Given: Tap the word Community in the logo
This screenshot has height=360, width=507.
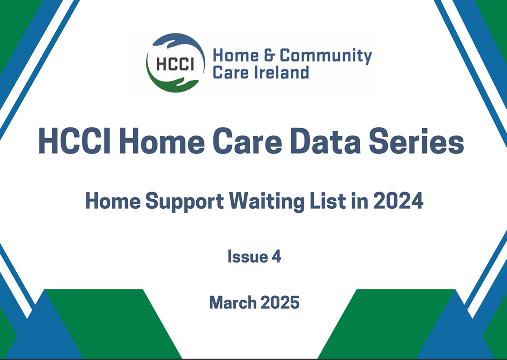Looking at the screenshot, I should [x=326, y=56].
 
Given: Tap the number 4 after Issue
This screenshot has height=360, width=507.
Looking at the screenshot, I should [x=276, y=257].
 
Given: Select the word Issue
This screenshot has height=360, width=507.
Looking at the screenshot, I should [x=247, y=257].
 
